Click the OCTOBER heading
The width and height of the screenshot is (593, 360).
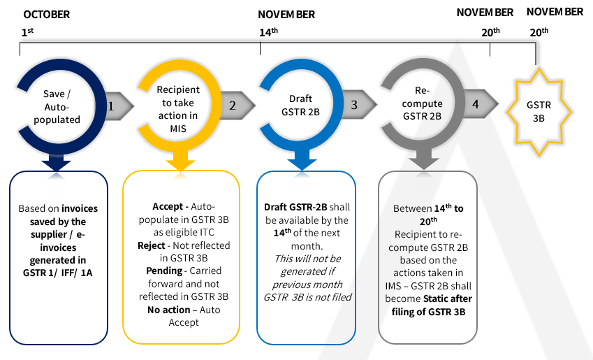(x=46, y=14)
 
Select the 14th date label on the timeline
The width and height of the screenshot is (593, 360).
(x=268, y=32)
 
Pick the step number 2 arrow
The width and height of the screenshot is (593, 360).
(x=237, y=105)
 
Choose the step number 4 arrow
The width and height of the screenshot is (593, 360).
(x=478, y=105)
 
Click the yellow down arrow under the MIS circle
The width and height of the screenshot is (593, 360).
(x=180, y=161)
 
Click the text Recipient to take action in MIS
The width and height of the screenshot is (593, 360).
(x=177, y=103)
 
